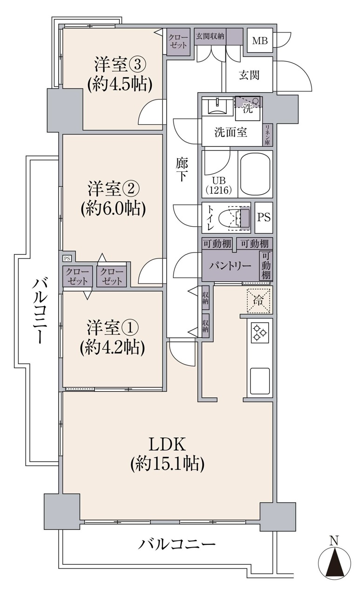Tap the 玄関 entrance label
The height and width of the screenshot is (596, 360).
click(249, 75)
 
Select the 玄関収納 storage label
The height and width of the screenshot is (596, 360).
click(210, 36)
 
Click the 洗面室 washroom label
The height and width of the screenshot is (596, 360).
click(231, 133)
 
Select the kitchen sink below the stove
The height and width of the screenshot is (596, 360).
click(260, 381)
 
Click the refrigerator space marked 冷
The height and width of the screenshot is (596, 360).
click(258, 301)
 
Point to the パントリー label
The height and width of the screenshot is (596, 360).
click(230, 266)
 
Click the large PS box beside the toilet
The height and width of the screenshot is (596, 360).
click(264, 217)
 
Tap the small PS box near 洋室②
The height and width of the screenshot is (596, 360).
click(67, 258)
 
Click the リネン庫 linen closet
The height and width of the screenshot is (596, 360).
click(267, 135)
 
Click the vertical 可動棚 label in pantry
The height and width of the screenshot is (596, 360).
click(266, 265)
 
